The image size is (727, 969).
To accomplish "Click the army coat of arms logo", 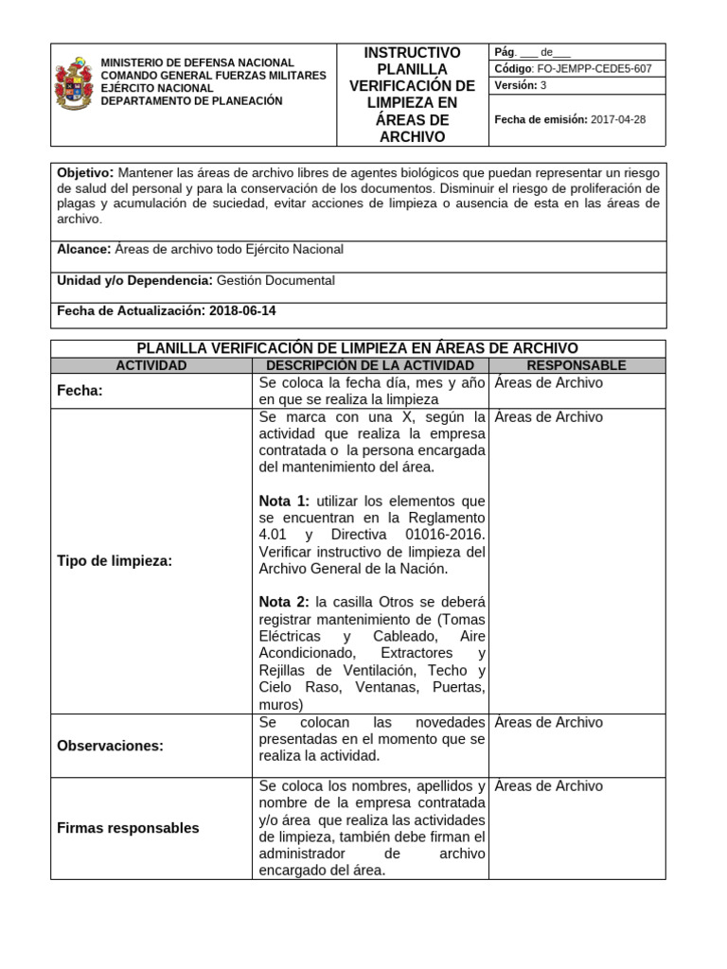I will pyautogui.click(x=74, y=84).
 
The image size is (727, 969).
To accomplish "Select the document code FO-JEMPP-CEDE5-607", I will pyautogui.click(x=594, y=69).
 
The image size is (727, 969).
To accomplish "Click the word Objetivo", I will pyautogui.click(x=85, y=172).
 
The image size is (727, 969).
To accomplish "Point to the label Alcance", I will pyautogui.click(x=83, y=250).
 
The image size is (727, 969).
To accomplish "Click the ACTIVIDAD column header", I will pyautogui.click(x=151, y=365).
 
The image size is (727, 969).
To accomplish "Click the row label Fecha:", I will pyautogui.click(x=80, y=390).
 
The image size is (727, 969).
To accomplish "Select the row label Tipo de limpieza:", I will pyautogui.click(x=115, y=561).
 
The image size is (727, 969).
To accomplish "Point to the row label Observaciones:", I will pyautogui.click(x=111, y=746).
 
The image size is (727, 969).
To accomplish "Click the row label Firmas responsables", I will pyautogui.click(x=129, y=828).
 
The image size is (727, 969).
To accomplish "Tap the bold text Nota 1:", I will pyautogui.click(x=284, y=501).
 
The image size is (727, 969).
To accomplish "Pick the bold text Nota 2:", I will pyautogui.click(x=284, y=603).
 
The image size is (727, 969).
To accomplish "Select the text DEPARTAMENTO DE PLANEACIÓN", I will pyautogui.click(x=191, y=101).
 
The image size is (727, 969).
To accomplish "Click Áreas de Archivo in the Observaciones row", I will pyautogui.click(x=548, y=723).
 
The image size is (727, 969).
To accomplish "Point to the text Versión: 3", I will pyautogui.click(x=521, y=86).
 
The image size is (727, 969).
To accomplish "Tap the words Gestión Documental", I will pyautogui.click(x=275, y=280).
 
